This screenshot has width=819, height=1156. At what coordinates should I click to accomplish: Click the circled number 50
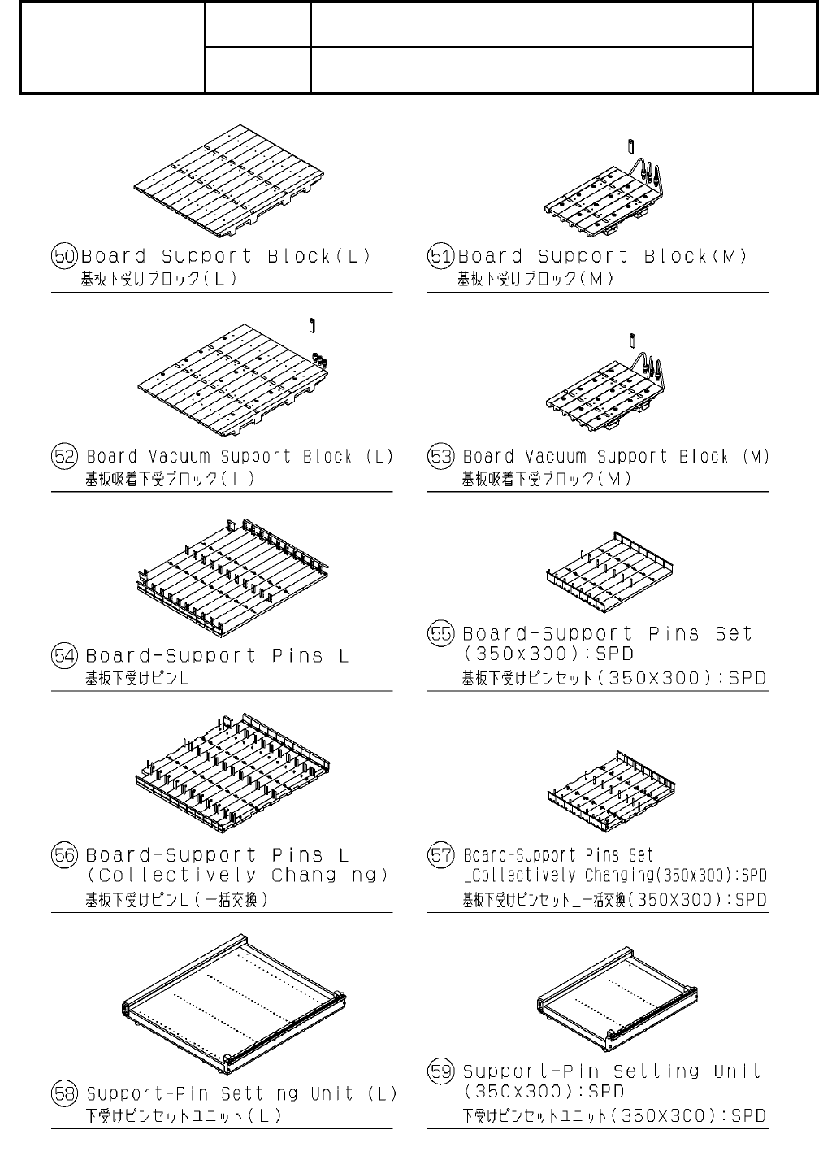pyautogui.click(x=65, y=257)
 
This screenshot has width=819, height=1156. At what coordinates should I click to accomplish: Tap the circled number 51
pyautogui.click(x=441, y=257)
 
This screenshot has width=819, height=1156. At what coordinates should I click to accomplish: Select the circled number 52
pyautogui.click(x=65, y=457)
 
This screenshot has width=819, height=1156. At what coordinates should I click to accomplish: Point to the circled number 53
pyautogui.click(x=441, y=457)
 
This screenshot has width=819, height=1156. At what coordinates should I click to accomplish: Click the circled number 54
pyautogui.click(x=65, y=656)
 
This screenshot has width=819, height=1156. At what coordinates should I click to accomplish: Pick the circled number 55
pyautogui.click(x=441, y=633)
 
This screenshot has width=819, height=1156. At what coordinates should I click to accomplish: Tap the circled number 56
pyautogui.click(x=65, y=855)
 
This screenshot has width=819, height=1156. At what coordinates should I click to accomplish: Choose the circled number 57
pyautogui.click(x=441, y=855)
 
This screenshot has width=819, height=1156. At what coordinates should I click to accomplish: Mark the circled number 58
pyautogui.click(x=65, y=1093)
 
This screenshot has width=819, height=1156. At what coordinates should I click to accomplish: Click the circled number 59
pyautogui.click(x=441, y=1071)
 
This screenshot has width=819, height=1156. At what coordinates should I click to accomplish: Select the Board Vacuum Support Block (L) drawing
pyautogui.click(x=232, y=379)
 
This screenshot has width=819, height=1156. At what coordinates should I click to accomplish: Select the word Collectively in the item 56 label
pyautogui.click(x=172, y=876)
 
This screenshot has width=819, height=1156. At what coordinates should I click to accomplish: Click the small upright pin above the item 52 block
pyautogui.click(x=312, y=325)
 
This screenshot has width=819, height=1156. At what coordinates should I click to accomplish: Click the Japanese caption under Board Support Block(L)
pyautogui.click(x=158, y=279)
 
